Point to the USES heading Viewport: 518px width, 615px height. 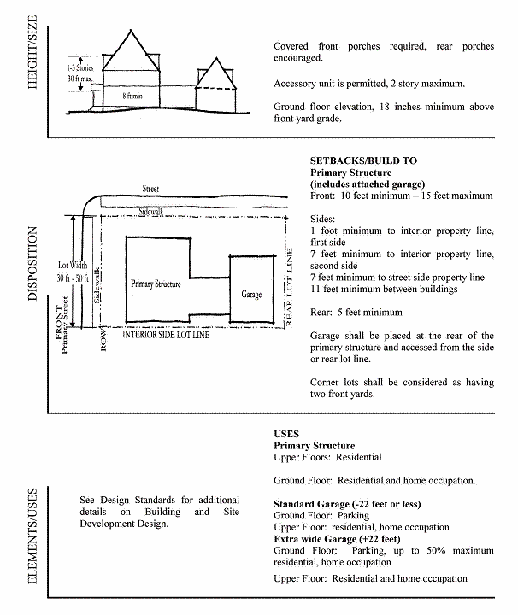tap(286, 434)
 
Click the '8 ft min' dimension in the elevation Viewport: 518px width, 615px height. tap(132, 97)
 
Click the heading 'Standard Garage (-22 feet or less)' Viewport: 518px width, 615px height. tap(345, 504)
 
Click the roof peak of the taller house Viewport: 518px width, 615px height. tap(130, 32)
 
